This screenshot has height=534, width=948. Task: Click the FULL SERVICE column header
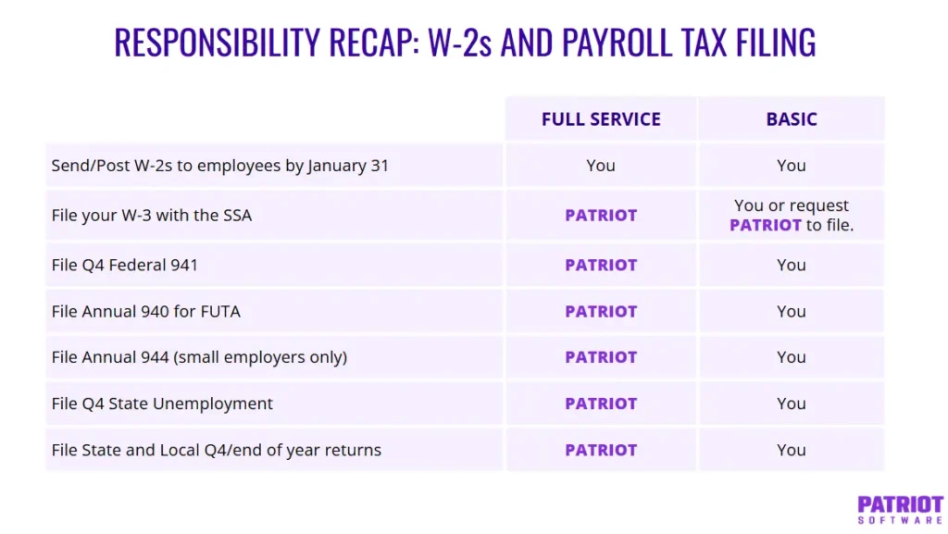point(601,119)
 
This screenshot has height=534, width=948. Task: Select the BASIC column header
point(792,119)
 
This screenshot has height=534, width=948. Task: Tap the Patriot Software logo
point(900,509)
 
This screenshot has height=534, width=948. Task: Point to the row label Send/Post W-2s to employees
point(220,166)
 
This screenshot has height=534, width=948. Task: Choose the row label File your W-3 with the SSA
point(152,216)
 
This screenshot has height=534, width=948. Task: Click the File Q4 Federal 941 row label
point(125,265)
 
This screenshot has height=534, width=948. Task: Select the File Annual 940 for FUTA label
point(146,312)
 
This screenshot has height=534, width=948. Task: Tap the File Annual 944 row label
point(199,357)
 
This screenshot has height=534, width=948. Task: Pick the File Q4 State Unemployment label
point(162,404)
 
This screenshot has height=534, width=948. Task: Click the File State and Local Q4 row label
point(217,450)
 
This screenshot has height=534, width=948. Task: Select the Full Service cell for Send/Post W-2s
point(601,166)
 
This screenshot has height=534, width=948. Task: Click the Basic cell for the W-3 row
point(792,216)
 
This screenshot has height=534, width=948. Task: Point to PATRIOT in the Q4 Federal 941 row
point(601,265)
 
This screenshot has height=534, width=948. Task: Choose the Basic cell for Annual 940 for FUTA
point(792,312)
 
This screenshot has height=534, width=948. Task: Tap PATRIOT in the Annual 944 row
point(601,357)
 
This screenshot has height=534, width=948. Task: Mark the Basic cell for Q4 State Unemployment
point(792,404)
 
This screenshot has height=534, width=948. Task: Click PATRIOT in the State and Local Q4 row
point(601,450)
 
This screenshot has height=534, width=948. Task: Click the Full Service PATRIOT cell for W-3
point(601,216)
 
